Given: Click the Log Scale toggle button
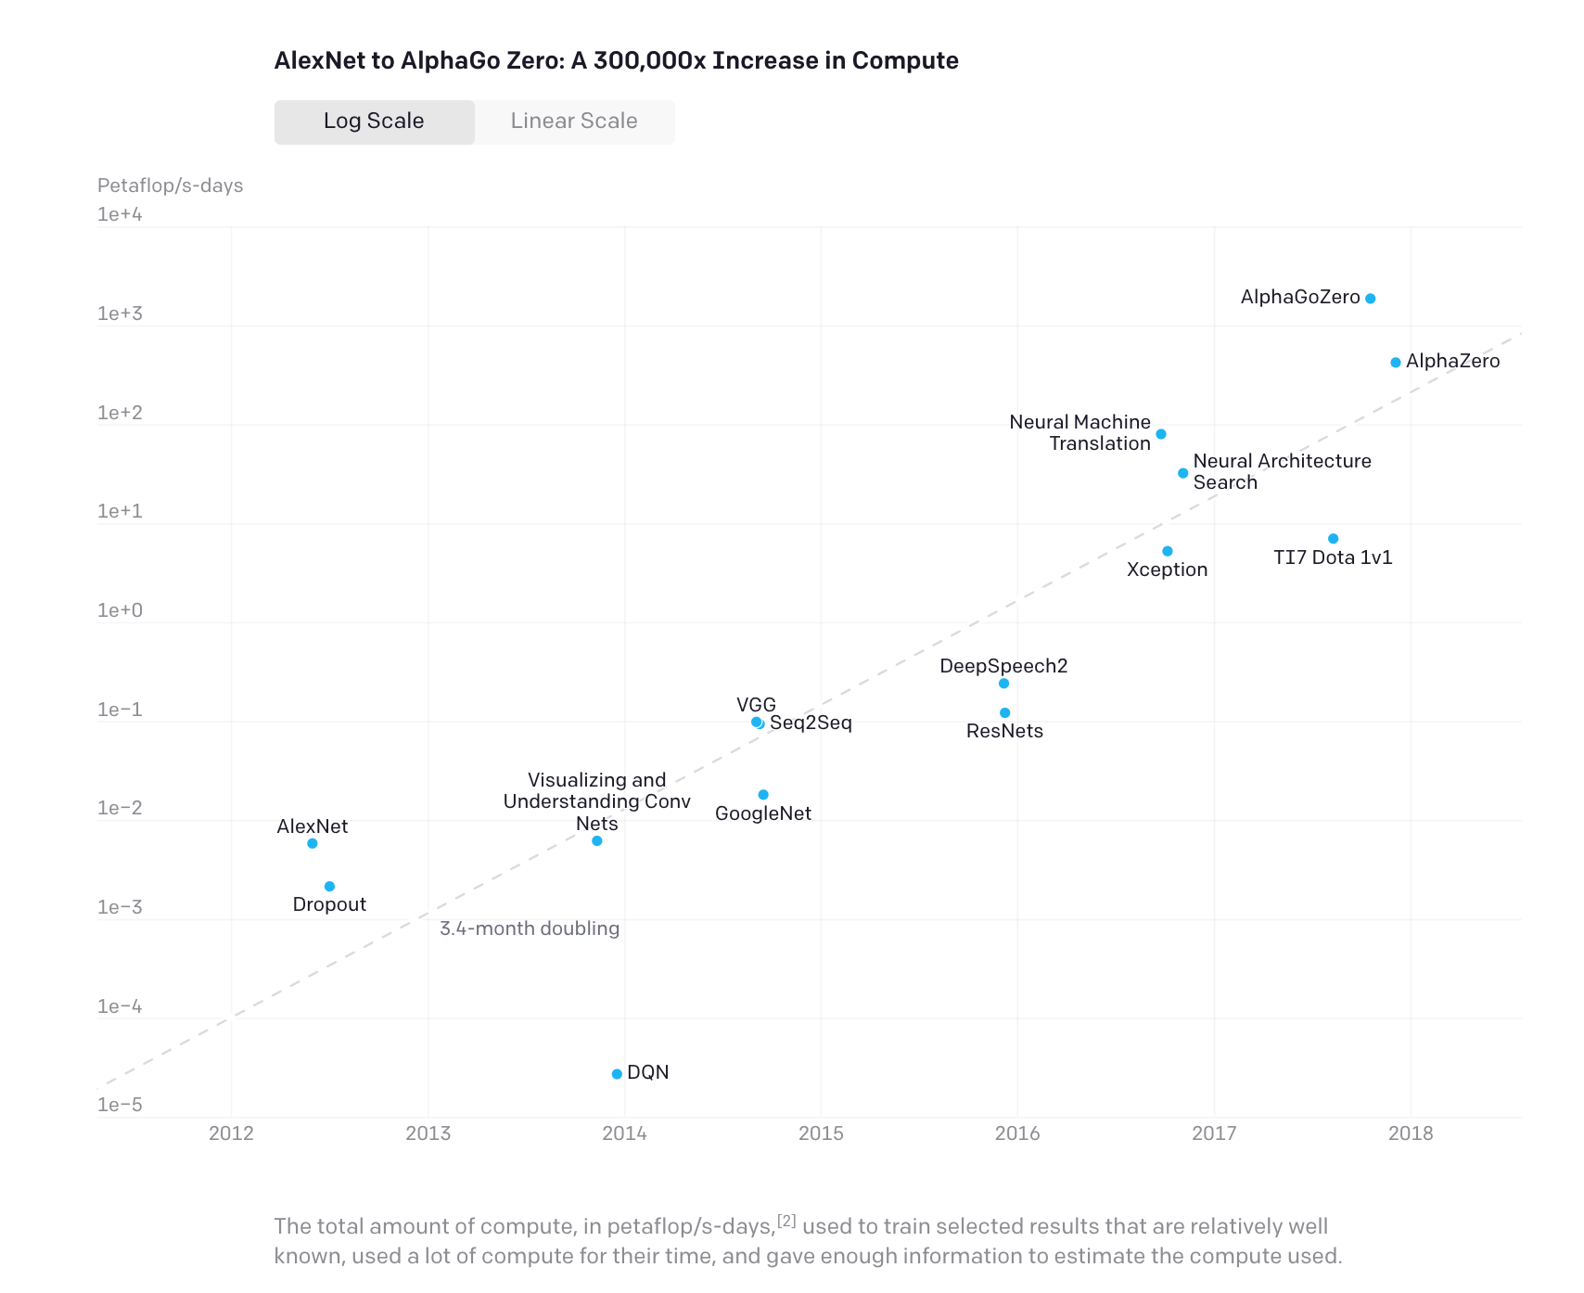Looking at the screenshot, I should point(374,122).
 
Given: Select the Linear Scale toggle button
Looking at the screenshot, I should point(574,122).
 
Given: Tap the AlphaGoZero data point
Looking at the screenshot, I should point(1370,299).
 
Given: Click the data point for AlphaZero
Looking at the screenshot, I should point(1395,363).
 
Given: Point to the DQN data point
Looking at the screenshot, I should point(617,1074).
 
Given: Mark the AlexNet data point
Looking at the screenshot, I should point(313,843).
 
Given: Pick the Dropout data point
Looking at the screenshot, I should point(329,887).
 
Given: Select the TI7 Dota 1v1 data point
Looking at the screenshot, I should point(1333,539).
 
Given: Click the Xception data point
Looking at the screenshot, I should point(1167,552).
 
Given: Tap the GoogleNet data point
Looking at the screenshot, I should point(763,795).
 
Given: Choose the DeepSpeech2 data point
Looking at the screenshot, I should point(1003,684).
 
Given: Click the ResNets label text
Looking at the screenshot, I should point(1004,731).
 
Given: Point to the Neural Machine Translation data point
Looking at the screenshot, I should point(1160,434).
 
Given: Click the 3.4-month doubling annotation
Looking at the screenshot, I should point(529,928).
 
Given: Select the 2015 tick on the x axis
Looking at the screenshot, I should point(821,1133).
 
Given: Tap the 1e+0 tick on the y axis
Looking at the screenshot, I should point(121,610).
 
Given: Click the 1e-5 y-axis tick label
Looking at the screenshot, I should point(121,1105).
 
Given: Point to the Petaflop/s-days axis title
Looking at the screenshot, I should point(170,186).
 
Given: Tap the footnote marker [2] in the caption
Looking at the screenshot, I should point(786,1221).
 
